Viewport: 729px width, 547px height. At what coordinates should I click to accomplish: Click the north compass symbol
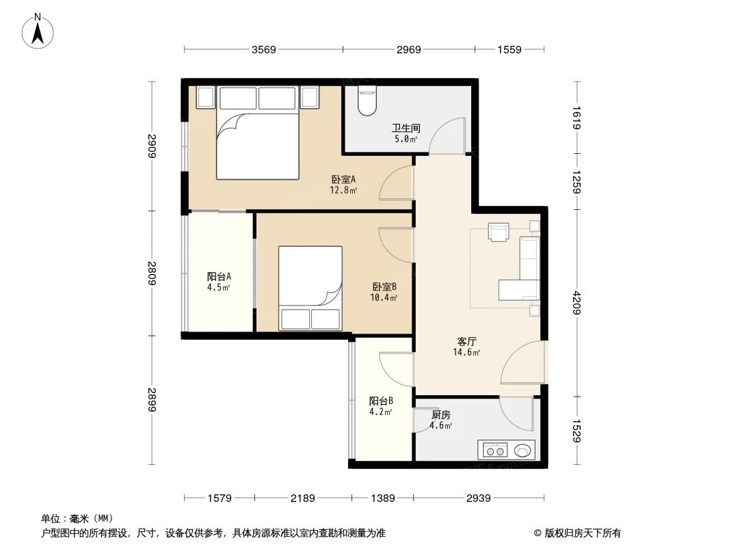pyautogui.click(x=39, y=31)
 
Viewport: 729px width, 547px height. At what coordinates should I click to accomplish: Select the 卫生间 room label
pyautogui.click(x=406, y=128)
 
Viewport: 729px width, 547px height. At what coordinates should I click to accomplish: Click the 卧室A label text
pyautogui.click(x=343, y=180)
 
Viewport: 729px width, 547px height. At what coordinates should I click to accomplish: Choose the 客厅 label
pyautogui.click(x=466, y=341)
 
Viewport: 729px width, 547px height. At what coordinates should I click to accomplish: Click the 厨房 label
pyautogui.click(x=440, y=415)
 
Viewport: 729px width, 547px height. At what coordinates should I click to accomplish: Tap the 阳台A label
pyautogui.click(x=219, y=277)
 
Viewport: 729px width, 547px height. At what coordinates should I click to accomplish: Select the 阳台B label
pyautogui.click(x=381, y=401)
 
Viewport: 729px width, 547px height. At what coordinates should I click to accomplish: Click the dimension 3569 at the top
pyautogui.click(x=263, y=49)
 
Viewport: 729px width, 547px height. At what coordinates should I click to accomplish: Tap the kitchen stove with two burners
pyautogui.click(x=495, y=451)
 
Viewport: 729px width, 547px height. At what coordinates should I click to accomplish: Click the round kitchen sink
pyautogui.click(x=523, y=451)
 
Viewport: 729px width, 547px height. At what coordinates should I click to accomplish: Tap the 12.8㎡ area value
pyautogui.click(x=343, y=191)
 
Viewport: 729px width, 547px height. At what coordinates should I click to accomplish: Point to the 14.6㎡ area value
pyautogui.click(x=466, y=353)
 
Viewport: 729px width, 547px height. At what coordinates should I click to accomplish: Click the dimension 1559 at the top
pyautogui.click(x=509, y=49)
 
